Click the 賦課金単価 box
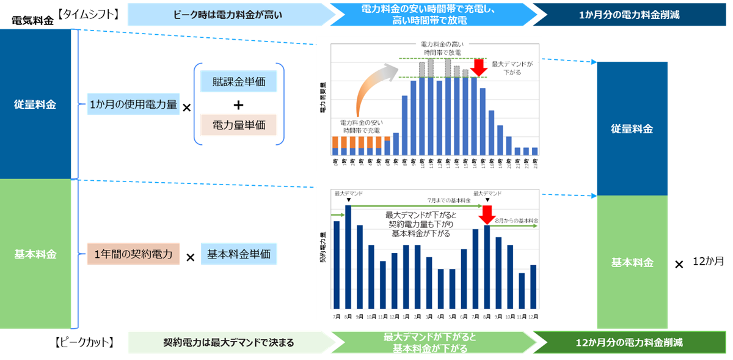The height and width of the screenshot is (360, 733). pyautogui.click(x=238, y=82)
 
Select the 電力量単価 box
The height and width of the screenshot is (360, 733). pyautogui.click(x=238, y=125)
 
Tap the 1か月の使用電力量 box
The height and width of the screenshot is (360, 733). pyautogui.click(x=133, y=105)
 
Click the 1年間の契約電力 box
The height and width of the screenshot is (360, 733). pyautogui.click(x=133, y=253)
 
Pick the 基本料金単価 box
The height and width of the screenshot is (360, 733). pyautogui.click(x=238, y=253)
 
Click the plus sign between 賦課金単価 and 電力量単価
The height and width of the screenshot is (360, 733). pyautogui.click(x=238, y=104)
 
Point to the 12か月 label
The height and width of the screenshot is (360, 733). pyautogui.click(x=708, y=261)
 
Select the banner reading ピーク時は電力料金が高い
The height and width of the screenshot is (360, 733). pyautogui.click(x=227, y=13)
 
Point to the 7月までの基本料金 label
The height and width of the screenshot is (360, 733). pyautogui.click(x=449, y=200)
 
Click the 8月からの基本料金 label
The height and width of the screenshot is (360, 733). pyautogui.click(x=516, y=220)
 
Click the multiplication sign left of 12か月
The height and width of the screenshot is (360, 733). pyautogui.click(x=679, y=265)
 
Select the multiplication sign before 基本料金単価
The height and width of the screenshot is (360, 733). pyautogui.click(x=190, y=258)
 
